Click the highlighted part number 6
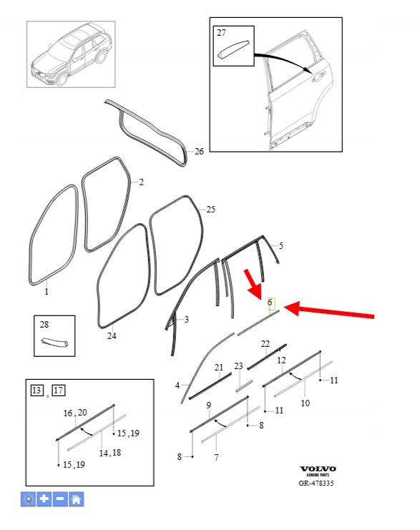click(270, 302)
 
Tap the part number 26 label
click(199, 152)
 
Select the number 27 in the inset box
click(221, 33)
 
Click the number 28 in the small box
click(44, 325)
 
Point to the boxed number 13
click(36, 391)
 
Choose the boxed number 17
click(59, 391)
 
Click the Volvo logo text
click(318, 468)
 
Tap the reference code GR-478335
click(316, 483)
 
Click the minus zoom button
click(60, 499)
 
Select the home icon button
click(77, 499)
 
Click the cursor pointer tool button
click(28, 499)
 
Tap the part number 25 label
click(210, 210)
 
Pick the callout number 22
click(265, 344)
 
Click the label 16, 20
click(75, 413)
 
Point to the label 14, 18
click(110, 453)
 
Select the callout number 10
click(305, 403)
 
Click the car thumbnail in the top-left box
click(72, 54)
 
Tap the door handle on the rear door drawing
click(318, 78)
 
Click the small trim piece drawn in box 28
click(54, 342)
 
